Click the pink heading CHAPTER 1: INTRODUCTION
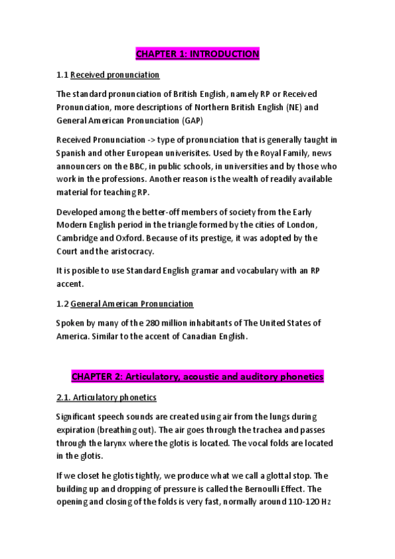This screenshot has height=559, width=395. [197, 53]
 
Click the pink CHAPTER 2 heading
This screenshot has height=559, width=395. [197, 376]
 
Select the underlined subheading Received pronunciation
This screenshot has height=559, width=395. [115, 75]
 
